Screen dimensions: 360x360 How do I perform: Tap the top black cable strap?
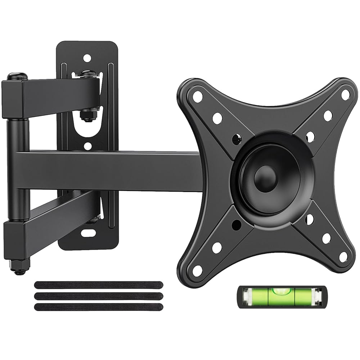tap(98, 285)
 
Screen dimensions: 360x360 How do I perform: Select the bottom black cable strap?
tap(98, 307)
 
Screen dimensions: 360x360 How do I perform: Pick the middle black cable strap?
tap(98, 296)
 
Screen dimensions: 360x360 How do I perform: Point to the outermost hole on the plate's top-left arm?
tap(197, 96)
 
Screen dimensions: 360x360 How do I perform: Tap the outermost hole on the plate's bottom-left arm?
tap(197, 270)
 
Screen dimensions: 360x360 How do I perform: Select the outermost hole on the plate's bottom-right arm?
tap(343, 257)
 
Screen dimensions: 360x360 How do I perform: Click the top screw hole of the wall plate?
tap(86, 58)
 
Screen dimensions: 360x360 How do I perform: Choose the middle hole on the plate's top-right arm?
tap(328, 116)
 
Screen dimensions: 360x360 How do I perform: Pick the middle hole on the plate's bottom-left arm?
tap(217, 247)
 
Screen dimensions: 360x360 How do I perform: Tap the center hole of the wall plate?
tap(86, 146)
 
